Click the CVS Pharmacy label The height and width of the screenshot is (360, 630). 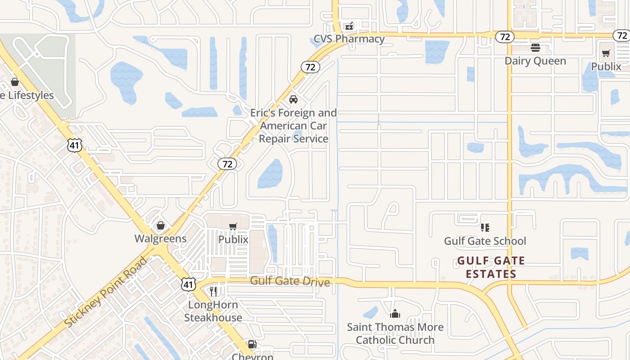(349, 39)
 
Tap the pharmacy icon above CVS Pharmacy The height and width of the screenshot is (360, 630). (349, 26)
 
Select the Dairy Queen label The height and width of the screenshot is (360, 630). (535, 61)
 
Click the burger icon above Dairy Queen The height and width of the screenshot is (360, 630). (535, 48)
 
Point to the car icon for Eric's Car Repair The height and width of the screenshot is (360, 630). (293, 99)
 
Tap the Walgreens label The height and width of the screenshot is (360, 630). (161, 238)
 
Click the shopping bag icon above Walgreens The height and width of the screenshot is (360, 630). (161, 225)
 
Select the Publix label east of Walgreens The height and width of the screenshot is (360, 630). (233, 239)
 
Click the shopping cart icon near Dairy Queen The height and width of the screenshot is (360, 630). (606, 54)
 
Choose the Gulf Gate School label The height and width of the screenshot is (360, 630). (485, 241)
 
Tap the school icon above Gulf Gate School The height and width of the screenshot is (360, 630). (485, 228)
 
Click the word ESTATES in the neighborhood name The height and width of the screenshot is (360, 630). (490, 274)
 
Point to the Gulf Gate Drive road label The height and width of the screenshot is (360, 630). (290, 281)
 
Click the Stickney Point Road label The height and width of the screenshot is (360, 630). (106, 292)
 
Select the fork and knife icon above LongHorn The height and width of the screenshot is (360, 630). (213, 292)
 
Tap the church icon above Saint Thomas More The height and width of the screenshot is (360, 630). (395, 314)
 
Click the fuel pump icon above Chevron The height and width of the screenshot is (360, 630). (252, 345)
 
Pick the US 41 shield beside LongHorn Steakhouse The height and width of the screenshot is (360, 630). (189, 284)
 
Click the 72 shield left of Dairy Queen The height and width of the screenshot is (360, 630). (505, 37)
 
